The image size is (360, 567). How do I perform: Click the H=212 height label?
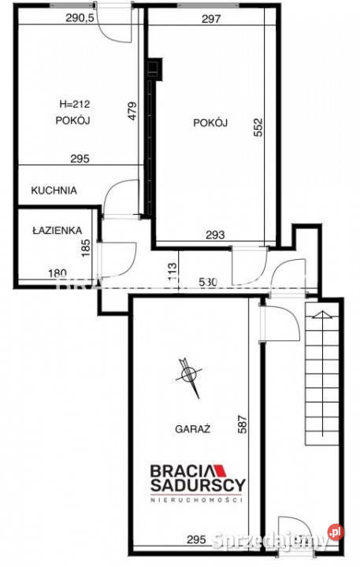(x=75, y=103)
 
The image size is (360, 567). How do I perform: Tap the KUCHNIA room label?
(x=54, y=190)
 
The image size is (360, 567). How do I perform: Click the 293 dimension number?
(x=215, y=234)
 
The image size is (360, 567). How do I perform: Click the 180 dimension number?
(x=58, y=273)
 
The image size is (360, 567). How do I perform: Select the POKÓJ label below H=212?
(x=75, y=120)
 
